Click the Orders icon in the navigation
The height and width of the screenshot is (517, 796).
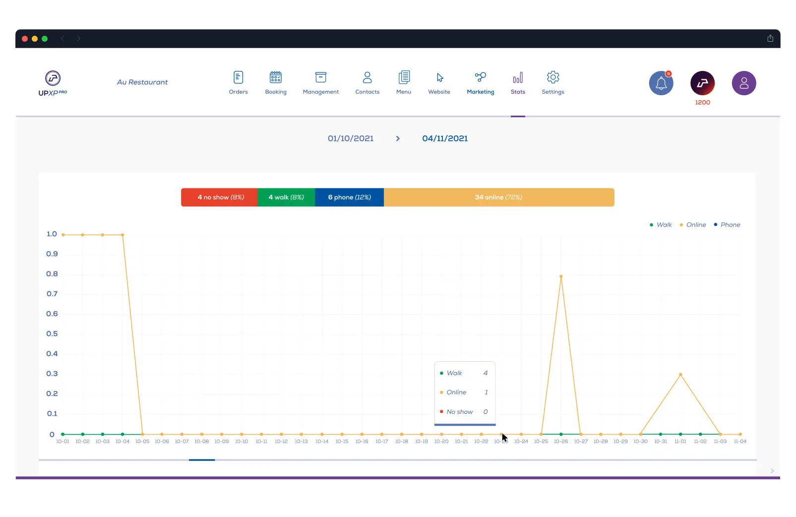pyautogui.click(x=238, y=78)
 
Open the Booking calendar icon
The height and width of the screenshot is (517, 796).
pyautogui.click(x=276, y=77)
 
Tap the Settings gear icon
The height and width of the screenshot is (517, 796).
pyautogui.click(x=553, y=77)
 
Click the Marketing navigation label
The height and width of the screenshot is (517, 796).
pyautogui.click(x=480, y=92)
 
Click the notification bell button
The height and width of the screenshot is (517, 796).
pyautogui.click(x=661, y=83)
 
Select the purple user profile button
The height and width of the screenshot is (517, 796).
pyautogui.click(x=743, y=83)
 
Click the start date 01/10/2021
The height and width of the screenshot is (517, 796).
pyautogui.click(x=351, y=138)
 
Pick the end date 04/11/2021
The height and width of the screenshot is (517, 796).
pyautogui.click(x=445, y=138)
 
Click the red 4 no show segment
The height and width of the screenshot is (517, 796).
pyautogui.click(x=219, y=197)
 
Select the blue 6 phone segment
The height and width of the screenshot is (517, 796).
pyautogui.click(x=349, y=197)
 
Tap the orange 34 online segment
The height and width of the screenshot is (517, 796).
pyautogui.click(x=498, y=197)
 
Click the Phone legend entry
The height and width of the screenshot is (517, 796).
pyautogui.click(x=727, y=225)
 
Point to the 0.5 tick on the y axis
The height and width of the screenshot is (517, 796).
pyautogui.click(x=52, y=334)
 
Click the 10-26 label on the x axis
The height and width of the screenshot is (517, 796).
pyautogui.click(x=561, y=442)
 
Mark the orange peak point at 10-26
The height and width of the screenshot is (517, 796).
pyautogui.click(x=561, y=276)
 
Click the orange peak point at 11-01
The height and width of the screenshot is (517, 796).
pyautogui.click(x=680, y=375)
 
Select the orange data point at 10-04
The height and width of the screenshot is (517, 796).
pyautogui.click(x=122, y=235)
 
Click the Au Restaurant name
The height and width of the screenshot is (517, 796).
pyautogui.click(x=142, y=82)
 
